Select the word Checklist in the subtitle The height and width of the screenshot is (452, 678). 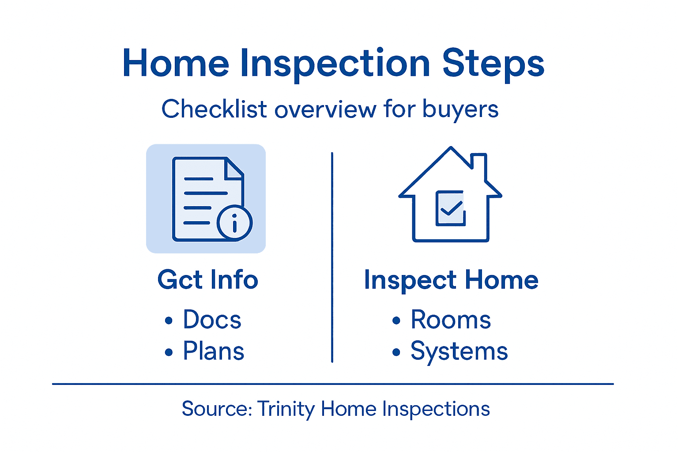pos(214,109)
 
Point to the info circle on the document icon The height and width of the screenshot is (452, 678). pos(234,223)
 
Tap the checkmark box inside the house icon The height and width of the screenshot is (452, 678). pos(450,208)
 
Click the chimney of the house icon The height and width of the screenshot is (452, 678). pos(479,163)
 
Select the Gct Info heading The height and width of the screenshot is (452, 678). pos(207,280)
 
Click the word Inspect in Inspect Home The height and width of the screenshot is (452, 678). pos(410,280)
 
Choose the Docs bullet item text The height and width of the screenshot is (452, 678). pos(212,320)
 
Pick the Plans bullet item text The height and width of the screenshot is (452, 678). pos(214,351)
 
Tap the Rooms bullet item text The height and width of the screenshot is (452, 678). pos(451,320)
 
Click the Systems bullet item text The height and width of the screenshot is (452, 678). pos(459,352)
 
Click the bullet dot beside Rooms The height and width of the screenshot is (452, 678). pos(396,321)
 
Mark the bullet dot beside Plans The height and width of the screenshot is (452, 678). pos(169,352)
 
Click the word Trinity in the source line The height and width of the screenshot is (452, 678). pos(286,409)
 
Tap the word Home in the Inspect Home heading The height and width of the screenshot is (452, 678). pos(501,280)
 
